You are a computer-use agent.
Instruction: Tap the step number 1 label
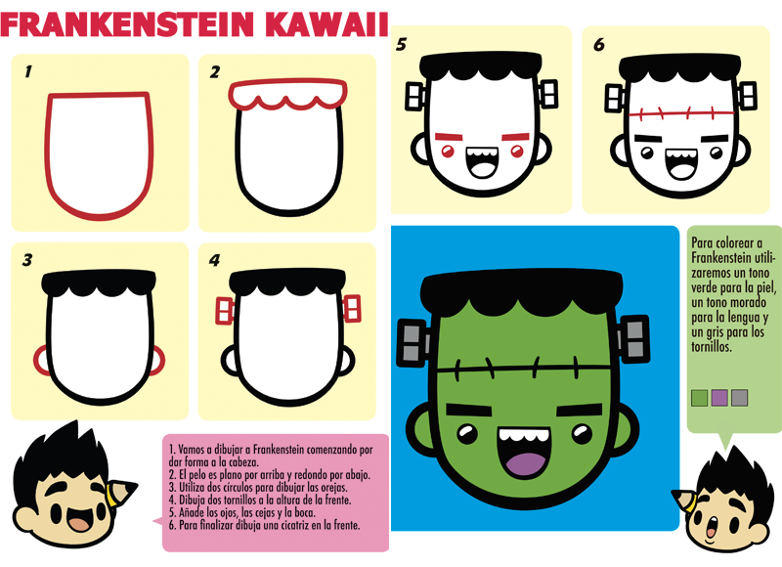[x=28, y=71]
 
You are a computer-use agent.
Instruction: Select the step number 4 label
[x=214, y=260]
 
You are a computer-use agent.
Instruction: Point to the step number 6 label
[x=599, y=45]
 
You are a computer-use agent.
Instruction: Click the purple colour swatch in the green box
[x=719, y=398]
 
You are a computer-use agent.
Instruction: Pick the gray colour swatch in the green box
[x=739, y=398]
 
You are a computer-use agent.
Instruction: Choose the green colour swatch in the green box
[x=699, y=398]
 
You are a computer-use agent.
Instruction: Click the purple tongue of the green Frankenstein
[x=525, y=463]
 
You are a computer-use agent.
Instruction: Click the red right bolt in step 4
[x=352, y=309]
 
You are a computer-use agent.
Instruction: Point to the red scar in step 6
[x=681, y=113]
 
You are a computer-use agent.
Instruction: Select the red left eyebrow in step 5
[x=450, y=136]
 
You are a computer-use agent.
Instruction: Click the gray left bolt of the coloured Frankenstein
[x=413, y=343]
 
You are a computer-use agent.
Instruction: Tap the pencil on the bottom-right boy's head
[x=684, y=502]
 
